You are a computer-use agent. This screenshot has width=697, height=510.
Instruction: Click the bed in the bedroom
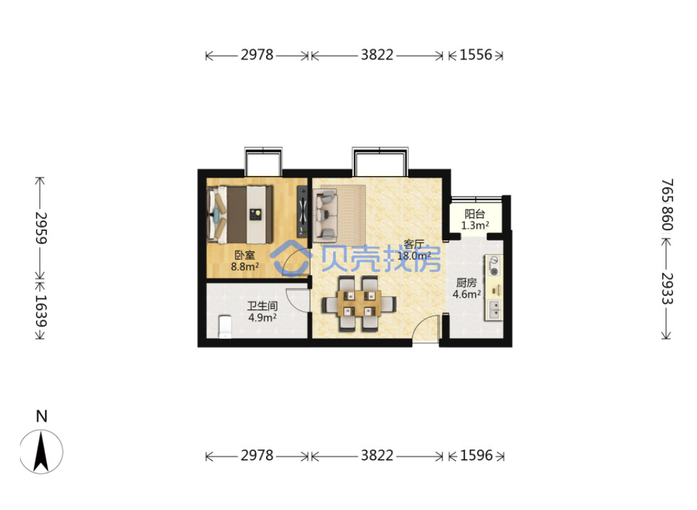coord(240,214)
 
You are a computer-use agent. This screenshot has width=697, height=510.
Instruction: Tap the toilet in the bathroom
coord(225,327)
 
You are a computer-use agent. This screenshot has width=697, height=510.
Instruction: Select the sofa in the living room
coord(325,214)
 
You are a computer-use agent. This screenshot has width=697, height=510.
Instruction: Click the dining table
coord(359,304)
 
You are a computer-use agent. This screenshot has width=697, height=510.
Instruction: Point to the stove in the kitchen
coord(493,266)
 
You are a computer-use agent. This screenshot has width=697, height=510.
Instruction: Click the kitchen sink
coord(494,309)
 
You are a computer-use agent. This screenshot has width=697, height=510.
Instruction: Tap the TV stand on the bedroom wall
coord(302,211)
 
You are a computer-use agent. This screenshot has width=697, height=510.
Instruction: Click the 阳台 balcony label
coord(475,214)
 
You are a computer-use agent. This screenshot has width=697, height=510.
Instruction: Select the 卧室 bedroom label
coord(245,255)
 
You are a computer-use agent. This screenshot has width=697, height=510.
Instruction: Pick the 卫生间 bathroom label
coord(262,306)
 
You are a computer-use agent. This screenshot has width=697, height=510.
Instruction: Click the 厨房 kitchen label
coord(466,283)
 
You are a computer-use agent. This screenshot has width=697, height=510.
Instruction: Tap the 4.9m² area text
coord(262,318)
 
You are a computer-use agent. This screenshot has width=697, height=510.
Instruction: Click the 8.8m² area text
coord(245,267)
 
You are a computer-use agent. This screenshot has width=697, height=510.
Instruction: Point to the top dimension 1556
coord(476,55)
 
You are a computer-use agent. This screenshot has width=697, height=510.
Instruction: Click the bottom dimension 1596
coord(476,455)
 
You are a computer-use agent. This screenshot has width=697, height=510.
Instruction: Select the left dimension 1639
coord(41,311)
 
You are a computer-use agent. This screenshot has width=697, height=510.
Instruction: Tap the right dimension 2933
coord(667,288)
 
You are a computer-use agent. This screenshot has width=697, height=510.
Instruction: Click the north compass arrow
coord(41,451)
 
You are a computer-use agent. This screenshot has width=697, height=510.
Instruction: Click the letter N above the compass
coord(41,416)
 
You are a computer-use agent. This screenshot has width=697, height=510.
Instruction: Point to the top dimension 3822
coord(377,55)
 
